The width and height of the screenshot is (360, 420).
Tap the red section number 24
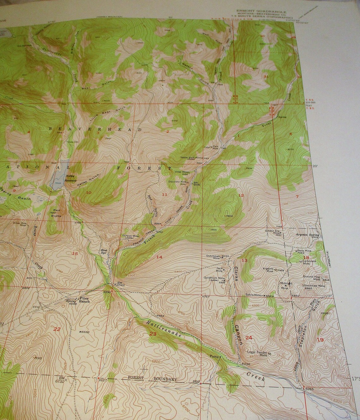click(x=249, y=338)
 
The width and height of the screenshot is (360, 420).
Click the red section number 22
click(x=57, y=329)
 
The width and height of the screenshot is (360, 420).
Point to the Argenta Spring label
click(x=307, y=235)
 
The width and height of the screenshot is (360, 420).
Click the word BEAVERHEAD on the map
click(x=95, y=129)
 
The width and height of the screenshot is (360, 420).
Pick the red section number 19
click(x=320, y=339)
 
